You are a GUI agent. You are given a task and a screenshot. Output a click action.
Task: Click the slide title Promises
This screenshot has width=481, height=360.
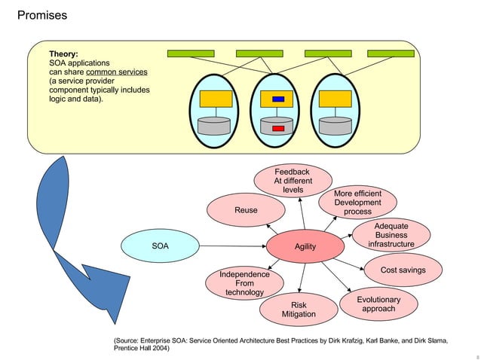(41, 15)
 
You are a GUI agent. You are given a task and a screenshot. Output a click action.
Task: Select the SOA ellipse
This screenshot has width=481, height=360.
(160, 246)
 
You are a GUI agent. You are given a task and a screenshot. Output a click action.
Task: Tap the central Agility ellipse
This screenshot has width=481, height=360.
(305, 247)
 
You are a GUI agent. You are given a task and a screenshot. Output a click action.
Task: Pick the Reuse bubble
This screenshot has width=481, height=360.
(245, 211)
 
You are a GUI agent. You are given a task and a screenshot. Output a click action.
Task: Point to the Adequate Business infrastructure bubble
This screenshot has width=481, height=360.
(391, 235)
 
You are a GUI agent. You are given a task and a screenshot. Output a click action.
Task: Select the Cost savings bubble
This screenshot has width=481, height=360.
(403, 270)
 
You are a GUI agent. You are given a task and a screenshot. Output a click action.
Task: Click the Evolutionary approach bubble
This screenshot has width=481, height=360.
(378, 304)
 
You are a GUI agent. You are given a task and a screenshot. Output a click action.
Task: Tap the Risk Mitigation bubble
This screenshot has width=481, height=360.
(299, 310)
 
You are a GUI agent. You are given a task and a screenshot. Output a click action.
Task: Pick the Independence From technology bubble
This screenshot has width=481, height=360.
(244, 283)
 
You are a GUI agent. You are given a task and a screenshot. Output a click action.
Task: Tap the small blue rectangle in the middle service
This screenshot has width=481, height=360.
(277, 99)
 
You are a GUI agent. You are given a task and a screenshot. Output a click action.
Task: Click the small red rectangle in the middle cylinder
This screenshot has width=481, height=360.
(277, 129)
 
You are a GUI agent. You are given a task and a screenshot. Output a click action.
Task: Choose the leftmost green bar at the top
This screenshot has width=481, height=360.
(190, 53)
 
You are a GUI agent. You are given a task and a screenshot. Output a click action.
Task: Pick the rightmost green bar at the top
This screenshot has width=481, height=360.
(390, 53)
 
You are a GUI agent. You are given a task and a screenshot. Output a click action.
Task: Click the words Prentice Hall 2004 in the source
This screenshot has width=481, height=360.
(141, 349)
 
